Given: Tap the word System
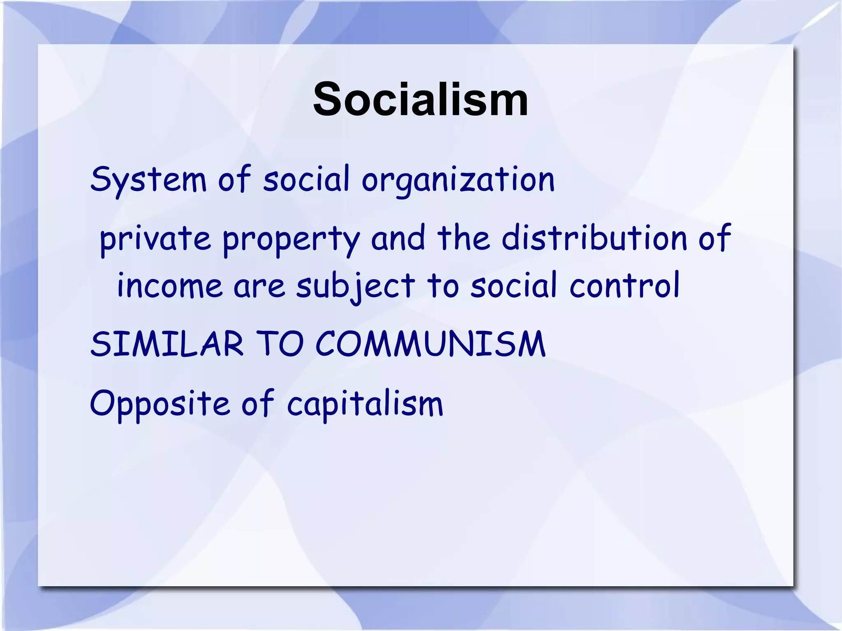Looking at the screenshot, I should [148, 180].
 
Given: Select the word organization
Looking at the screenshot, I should [458, 180].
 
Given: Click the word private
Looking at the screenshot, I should [155, 239].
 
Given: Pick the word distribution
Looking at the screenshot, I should [594, 238].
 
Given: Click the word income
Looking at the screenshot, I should [170, 286].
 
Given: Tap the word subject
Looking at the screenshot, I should [356, 286].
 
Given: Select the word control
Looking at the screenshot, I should [625, 285].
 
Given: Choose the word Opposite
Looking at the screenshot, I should [160, 403].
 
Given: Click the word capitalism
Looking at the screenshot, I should [365, 403].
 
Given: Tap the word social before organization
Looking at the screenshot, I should [306, 180].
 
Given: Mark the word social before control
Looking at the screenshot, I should [514, 285].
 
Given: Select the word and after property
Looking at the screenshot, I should [398, 238].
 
